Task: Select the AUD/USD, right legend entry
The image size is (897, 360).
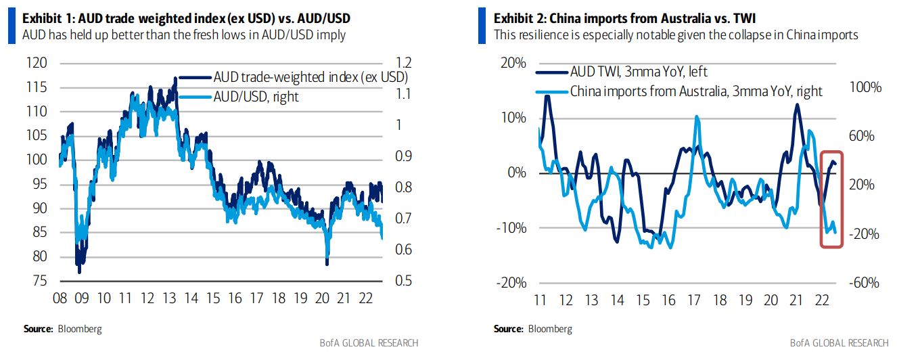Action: (x=256, y=97)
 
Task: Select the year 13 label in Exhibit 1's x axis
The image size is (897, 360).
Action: (x=169, y=298)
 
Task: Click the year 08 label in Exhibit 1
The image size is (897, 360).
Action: (x=60, y=298)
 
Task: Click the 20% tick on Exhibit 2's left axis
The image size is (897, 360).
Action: (x=511, y=63)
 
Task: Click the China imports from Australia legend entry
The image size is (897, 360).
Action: (x=695, y=91)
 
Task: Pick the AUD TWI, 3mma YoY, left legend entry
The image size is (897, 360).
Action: (x=639, y=72)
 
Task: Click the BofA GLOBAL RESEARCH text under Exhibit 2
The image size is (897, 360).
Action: (x=841, y=342)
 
